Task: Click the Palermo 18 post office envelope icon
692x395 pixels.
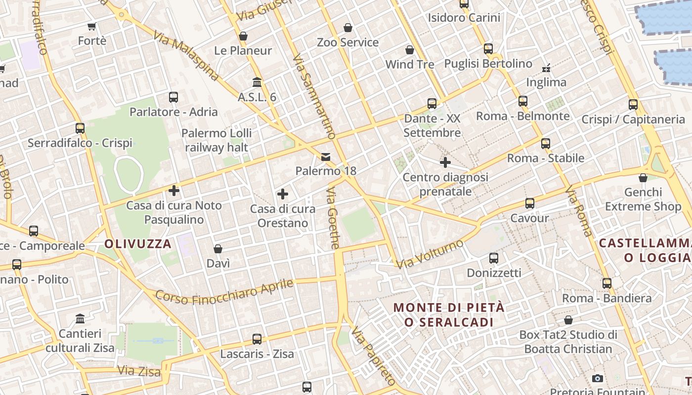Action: pos(326,157)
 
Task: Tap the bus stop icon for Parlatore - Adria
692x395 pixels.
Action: pos(173,97)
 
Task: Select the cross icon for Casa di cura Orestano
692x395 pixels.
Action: pos(283,194)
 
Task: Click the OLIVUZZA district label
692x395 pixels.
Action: pos(138,243)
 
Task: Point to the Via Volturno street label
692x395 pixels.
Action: pos(430,254)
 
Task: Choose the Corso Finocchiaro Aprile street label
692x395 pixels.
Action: pos(224,292)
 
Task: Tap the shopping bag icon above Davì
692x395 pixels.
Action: pos(218,249)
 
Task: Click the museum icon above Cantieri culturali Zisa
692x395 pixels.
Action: pos(80,318)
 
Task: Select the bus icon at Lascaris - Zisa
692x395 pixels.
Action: pos(257,339)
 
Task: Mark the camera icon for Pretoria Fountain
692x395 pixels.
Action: pos(598,379)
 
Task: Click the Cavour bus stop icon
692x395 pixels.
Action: pos(530,203)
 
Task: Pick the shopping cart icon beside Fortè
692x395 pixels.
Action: pos(91,26)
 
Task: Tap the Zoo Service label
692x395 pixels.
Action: pos(348,42)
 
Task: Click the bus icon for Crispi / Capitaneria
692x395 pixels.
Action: pos(633,105)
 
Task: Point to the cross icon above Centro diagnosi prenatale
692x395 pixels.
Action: pos(445,162)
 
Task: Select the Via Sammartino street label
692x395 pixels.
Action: pos(314,96)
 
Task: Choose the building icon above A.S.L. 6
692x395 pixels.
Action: pos(257,82)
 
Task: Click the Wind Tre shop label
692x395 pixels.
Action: pos(410,64)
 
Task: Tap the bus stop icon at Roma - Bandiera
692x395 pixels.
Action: pos(607,283)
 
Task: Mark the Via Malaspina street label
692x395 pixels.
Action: pos(185,56)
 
